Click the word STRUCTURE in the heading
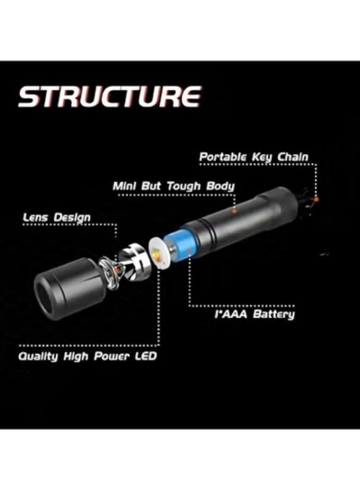[x=109, y=97]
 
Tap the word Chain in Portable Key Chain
[x=293, y=157]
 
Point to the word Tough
[x=184, y=186]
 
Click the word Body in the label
[x=220, y=186]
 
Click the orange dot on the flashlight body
[x=235, y=210]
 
